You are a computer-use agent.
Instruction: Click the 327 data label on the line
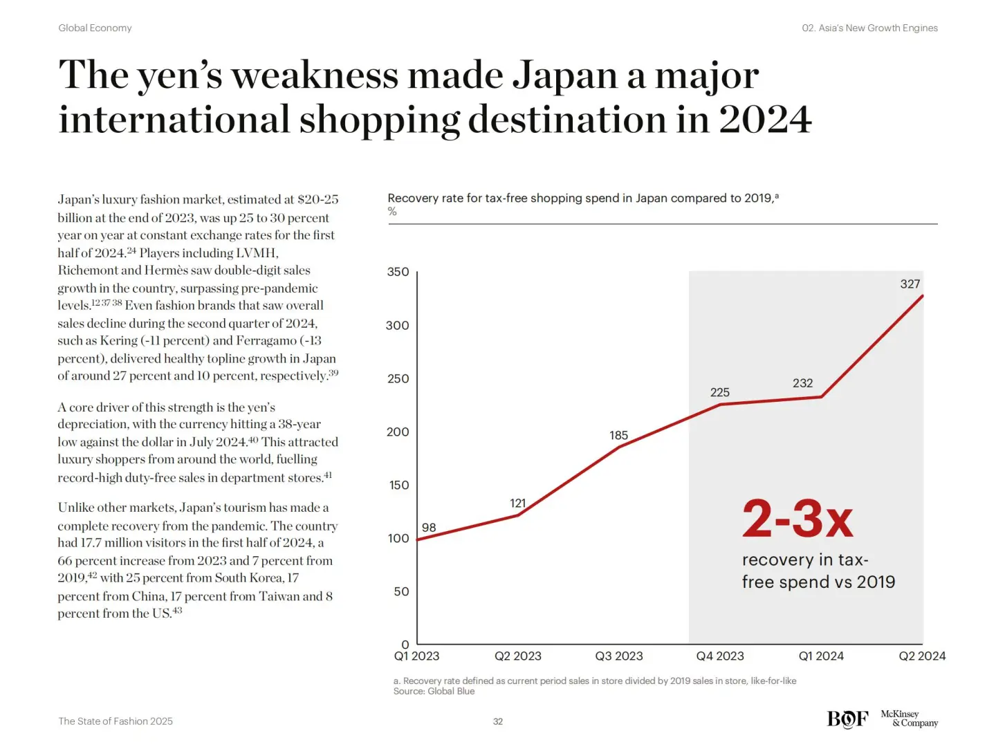tap(910, 284)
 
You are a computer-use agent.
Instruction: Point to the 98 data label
tap(429, 528)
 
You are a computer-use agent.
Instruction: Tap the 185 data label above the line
tap(618, 436)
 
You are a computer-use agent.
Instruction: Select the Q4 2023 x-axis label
tap(720, 656)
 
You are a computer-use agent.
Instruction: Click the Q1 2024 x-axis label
tap(821, 656)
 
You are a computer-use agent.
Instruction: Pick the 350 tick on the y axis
tap(398, 272)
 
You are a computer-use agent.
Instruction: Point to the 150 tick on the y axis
tap(398, 485)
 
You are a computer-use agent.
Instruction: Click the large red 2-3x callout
tap(797, 519)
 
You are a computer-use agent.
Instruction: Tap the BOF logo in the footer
tap(847, 719)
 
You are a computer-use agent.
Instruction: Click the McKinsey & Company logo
tap(909, 719)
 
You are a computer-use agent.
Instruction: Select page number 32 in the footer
tap(498, 721)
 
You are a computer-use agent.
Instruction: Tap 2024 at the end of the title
tap(765, 120)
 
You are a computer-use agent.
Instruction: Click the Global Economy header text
tap(95, 28)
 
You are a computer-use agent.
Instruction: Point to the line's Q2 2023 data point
tap(518, 515)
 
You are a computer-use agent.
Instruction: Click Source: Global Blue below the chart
tap(434, 691)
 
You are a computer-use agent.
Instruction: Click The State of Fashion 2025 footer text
tap(116, 721)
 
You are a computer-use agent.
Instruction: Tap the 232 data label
tap(802, 383)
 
